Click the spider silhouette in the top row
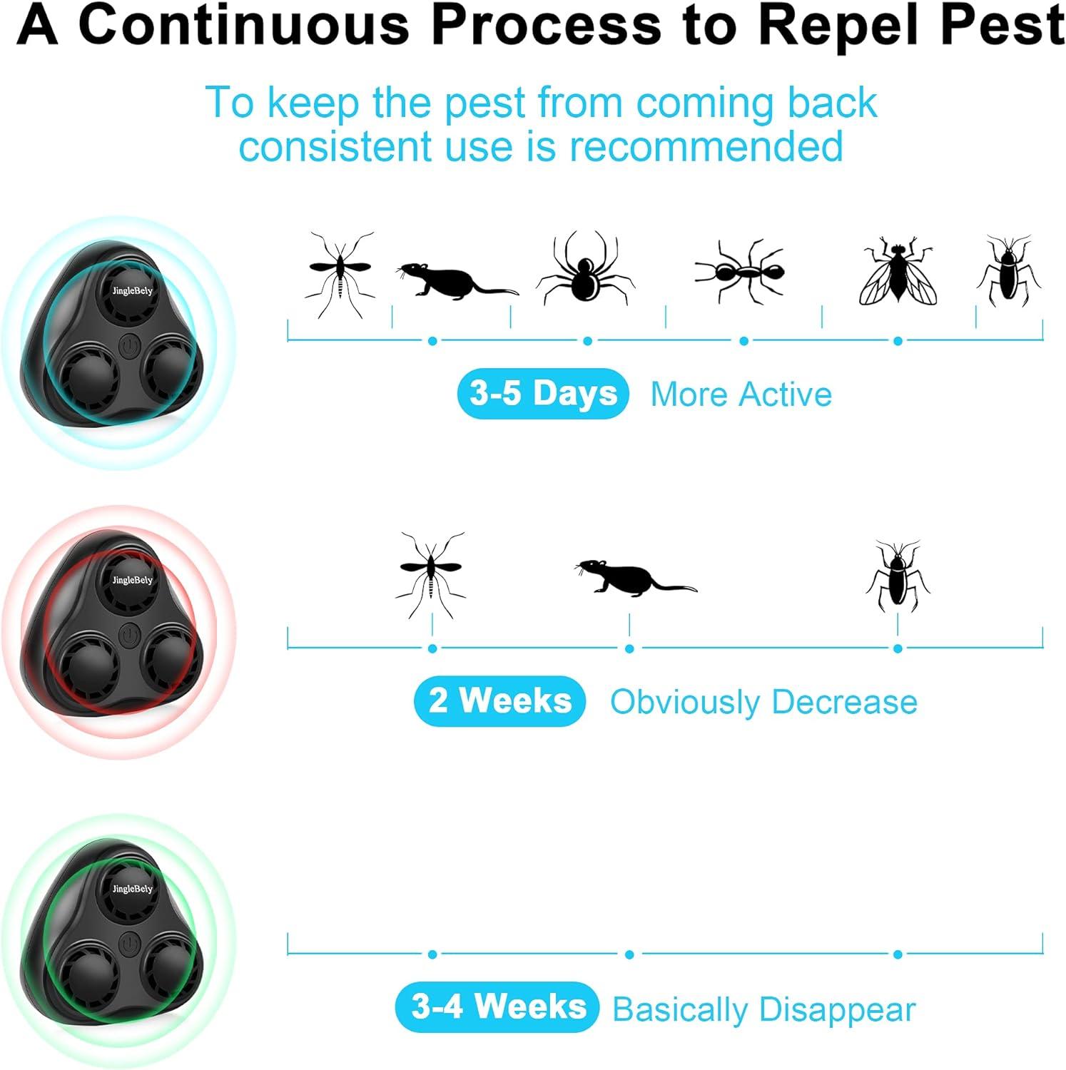click(585, 270)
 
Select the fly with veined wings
click(898, 271)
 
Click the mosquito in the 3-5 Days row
click(340, 272)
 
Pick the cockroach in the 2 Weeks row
click(897, 576)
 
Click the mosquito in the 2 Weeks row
click(431, 572)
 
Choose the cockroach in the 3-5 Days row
click(1007, 271)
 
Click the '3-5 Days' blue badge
click(543, 394)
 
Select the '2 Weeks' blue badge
click(499, 701)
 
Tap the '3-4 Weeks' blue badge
click(497, 1007)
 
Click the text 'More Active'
click(741, 394)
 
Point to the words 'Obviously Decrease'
click(763, 702)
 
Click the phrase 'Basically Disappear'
click(763, 1009)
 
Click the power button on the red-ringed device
click(129, 633)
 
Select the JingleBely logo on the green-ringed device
click(132, 889)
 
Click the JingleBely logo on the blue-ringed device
click(132, 290)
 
